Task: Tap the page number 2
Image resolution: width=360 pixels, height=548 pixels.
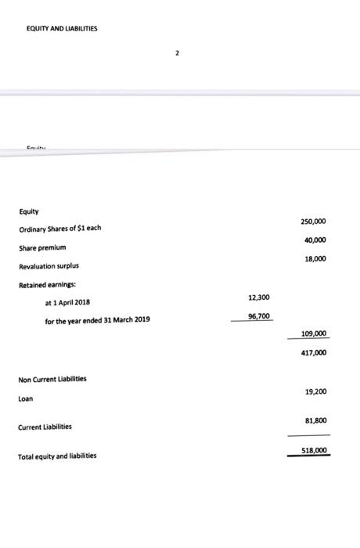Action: (x=178, y=53)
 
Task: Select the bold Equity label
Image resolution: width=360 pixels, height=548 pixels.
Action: (x=29, y=211)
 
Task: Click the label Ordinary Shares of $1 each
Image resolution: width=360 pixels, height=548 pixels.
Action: (x=60, y=229)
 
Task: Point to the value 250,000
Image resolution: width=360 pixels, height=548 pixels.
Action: (x=314, y=222)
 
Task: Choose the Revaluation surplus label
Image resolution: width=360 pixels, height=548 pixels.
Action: (x=49, y=266)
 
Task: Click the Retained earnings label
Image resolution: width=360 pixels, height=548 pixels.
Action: (x=46, y=285)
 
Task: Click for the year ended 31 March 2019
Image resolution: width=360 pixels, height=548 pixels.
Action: (x=98, y=321)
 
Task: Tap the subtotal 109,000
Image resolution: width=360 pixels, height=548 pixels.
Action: (x=314, y=334)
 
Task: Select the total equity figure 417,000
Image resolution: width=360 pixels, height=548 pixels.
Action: (x=314, y=353)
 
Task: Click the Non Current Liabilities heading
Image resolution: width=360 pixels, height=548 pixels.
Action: (x=52, y=379)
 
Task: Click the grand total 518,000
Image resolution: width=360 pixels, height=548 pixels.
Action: (x=314, y=450)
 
